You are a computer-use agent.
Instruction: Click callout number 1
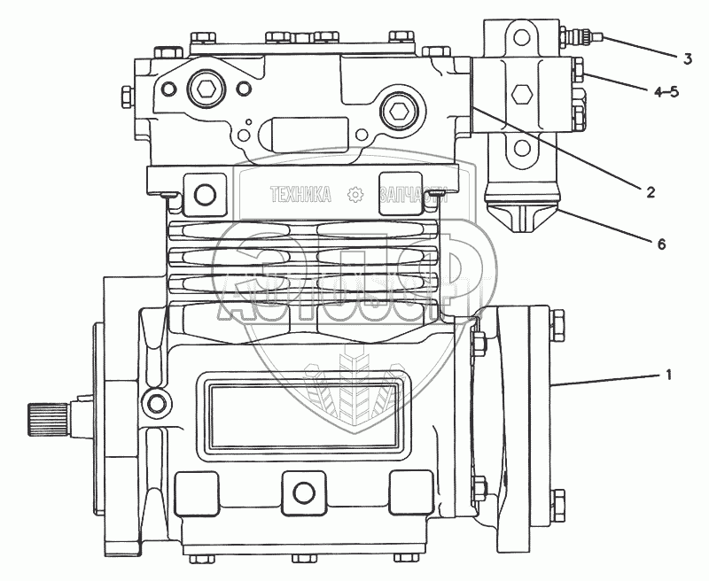669,376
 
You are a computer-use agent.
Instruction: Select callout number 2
651,190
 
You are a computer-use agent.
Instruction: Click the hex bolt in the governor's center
521,92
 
